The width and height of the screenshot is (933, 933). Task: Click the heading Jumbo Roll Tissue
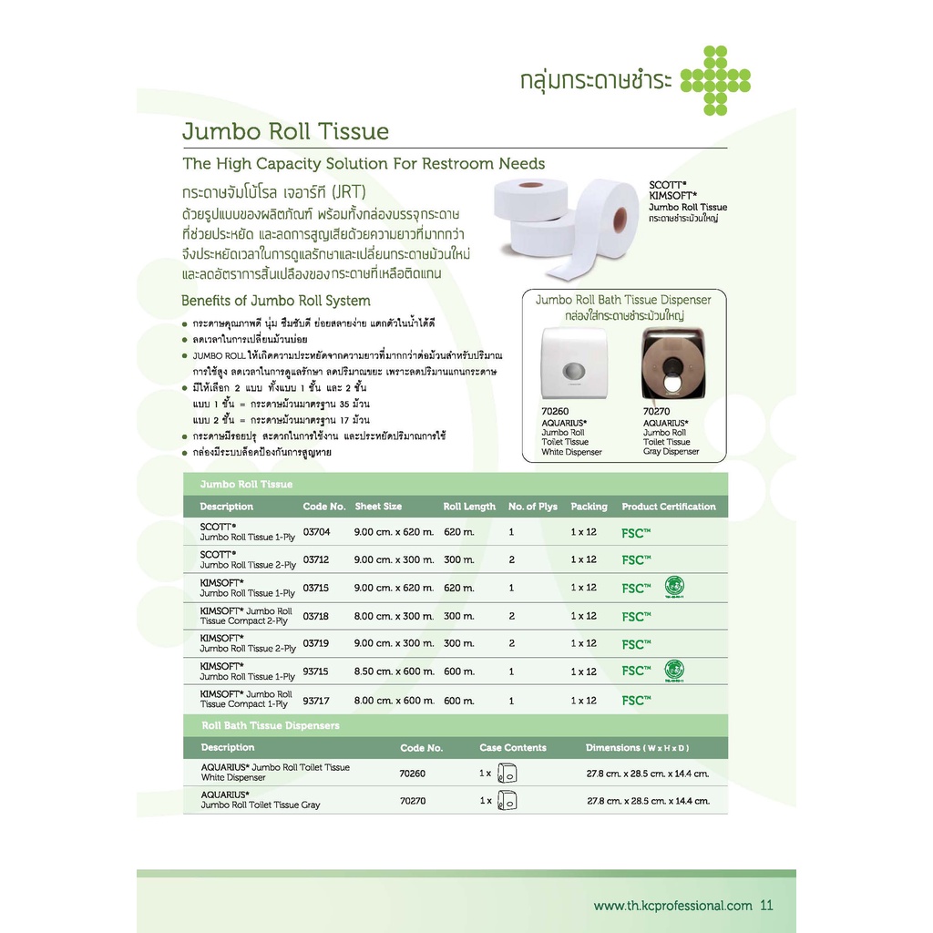pyautogui.click(x=285, y=131)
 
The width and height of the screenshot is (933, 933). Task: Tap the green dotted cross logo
pyautogui.click(x=715, y=80)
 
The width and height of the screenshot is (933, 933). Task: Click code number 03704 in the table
pyautogui.click(x=317, y=531)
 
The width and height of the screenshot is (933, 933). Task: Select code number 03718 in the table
pyautogui.click(x=317, y=616)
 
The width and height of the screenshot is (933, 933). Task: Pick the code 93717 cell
pyautogui.click(x=317, y=700)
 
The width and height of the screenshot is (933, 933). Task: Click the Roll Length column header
pyautogui.click(x=469, y=507)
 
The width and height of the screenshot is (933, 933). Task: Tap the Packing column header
pyautogui.click(x=589, y=507)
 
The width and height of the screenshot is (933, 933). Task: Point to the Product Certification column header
pyautogui.click(x=669, y=507)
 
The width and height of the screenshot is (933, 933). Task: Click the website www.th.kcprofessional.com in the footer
pyautogui.click(x=672, y=906)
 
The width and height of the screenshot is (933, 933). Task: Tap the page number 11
pyautogui.click(x=765, y=906)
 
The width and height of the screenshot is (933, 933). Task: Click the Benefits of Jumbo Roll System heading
pyautogui.click(x=275, y=301)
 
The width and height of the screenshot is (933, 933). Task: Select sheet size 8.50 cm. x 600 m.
pyautogui.click(x=394, y=672)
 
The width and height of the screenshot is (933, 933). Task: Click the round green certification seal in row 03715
pyautogui.click(x=674, y=586)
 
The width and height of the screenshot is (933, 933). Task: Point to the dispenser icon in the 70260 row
pyautogui.click(x=508, y=774)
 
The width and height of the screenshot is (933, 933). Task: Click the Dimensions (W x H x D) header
pyautogui.click(x=637, y=748)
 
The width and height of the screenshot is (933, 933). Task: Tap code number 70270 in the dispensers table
pyautogui.click(x=413, y=802)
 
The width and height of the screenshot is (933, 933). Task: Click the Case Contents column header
pyautogui.click(x=513, y=748)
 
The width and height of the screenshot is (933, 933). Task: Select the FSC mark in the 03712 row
pyautogui.click(x=636, y=559)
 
